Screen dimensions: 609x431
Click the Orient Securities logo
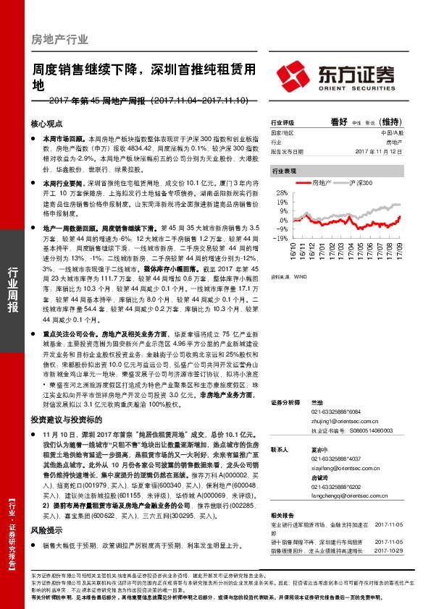[x=336, y=74]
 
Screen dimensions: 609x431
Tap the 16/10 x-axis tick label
[x=294, y=252]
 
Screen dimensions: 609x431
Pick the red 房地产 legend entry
[x=317, y=184]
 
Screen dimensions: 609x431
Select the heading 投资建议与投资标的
[x=65, y=418]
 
